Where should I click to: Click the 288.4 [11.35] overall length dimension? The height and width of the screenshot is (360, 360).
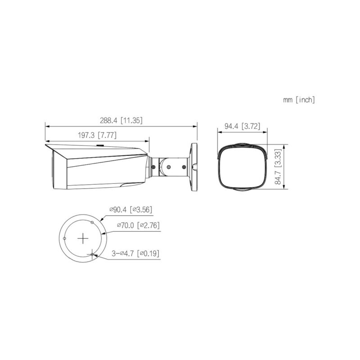pyautogui.click(x=121, y=121)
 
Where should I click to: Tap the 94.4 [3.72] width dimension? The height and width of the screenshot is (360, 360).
pyautogui.click(x=242, y=127)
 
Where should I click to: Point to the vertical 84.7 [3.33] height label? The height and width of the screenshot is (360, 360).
pyautogui.click(x=279, y=168)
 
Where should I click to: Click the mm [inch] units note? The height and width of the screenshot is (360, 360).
pyautogui.click(x=299, y=100)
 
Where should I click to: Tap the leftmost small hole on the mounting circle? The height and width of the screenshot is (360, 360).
pyautogui.click(x=65, y=238)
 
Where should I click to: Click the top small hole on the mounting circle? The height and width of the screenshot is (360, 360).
pyautogui.click(x=92, y=223)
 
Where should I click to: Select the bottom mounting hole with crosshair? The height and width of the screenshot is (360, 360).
pyautogui.click(x=92, y=255)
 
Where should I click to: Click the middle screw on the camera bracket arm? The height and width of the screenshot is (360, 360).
pyautogui.click(x=168, y=167)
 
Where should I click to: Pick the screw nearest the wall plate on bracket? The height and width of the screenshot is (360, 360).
pyautogui.click(x=185, y=166)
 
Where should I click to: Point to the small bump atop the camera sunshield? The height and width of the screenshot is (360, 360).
pyautogui.click(x=100, y=145)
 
